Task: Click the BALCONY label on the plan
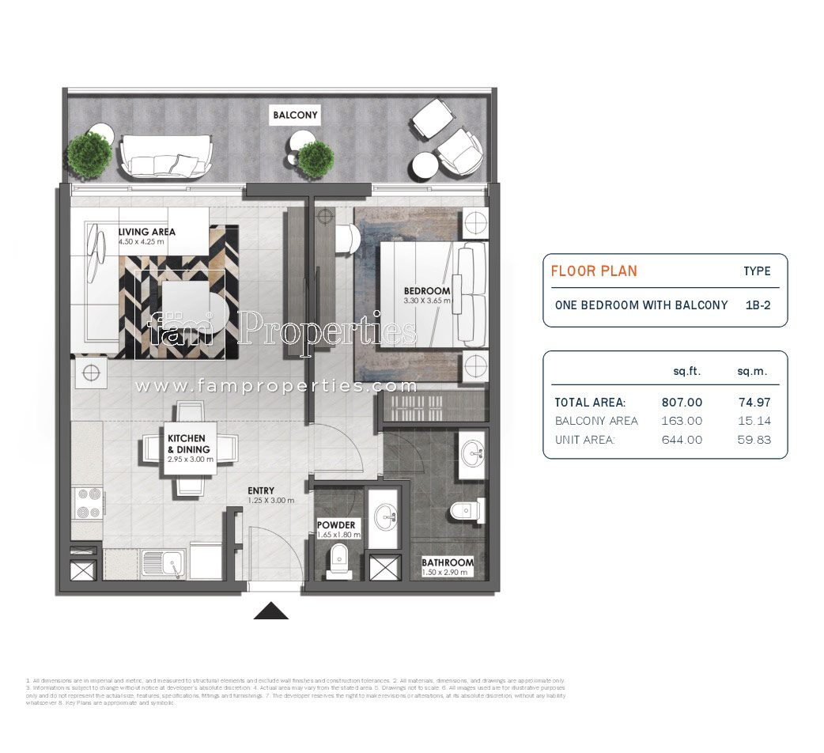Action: pos(295,115)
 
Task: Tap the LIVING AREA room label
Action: pos(146,232)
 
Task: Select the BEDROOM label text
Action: pos(426,291)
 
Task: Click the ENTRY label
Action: pos(260,490)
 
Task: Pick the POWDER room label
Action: pos(336,525)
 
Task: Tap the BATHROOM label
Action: pos(448,562)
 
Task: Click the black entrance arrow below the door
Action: pos(270,611)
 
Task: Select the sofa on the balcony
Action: pos(166,155)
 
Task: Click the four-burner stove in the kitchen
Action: pos(87,502)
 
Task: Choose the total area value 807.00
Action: pos(682,402)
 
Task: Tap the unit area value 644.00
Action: pos(682,440)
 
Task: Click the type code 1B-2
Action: pos(758,305)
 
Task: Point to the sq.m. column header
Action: pos(752,371)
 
